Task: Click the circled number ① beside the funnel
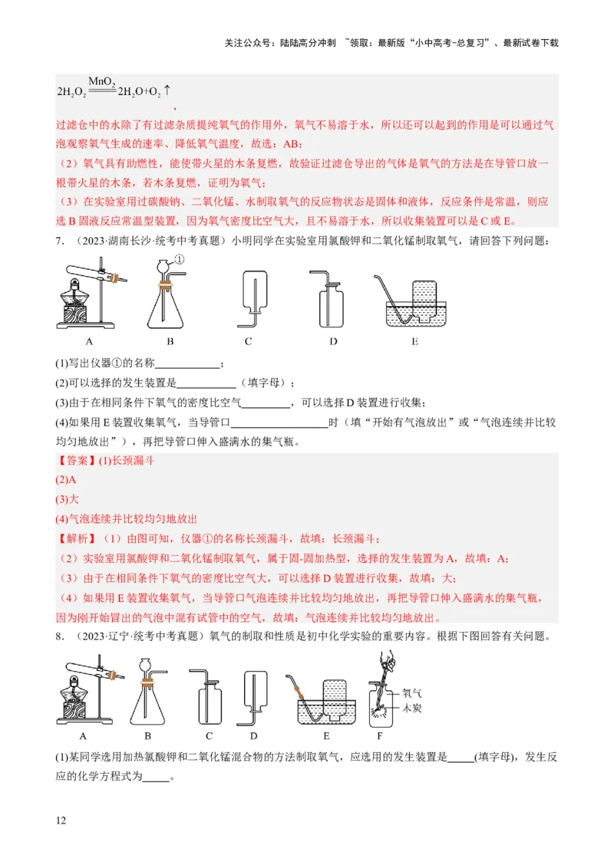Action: click(x=180, y=259)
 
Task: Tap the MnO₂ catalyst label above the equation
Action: click(x=101, y=81)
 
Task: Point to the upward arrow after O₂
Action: click(x=167, y=90)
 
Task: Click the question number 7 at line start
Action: click(x=59, y=242)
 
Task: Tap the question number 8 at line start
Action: click(x=59, y=636)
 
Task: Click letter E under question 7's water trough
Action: click(x=414, y=342)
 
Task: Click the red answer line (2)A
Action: click(x=66, y=480)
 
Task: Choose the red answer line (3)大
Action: click(x=68, y=499)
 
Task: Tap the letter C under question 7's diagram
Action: click(x=248, y=342)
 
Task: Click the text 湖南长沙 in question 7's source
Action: click(x=124, y=242)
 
